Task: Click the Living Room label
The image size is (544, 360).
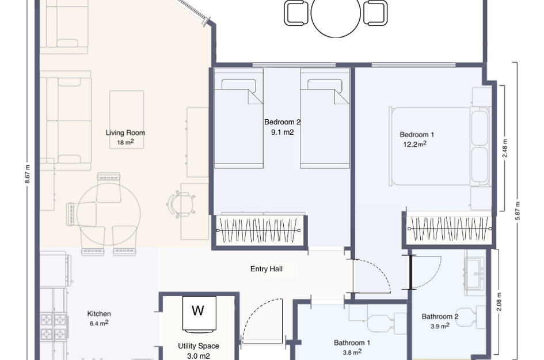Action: (125, 132)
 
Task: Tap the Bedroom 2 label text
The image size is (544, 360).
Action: (282, 122)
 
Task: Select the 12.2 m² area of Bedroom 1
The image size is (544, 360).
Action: (414, 145)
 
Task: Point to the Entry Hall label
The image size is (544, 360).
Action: (266, 269)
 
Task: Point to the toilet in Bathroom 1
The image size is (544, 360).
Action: (378, 323)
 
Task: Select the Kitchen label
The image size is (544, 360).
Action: (99, 314)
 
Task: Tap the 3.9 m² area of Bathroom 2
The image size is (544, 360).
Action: (440, 326)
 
